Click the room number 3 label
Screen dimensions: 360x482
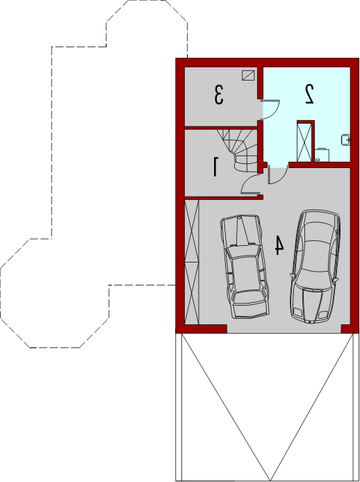218,95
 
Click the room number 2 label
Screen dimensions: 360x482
309,94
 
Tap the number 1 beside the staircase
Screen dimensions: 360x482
216,167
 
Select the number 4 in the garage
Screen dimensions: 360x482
279,245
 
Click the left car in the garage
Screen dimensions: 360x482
245,267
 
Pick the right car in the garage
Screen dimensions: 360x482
315,267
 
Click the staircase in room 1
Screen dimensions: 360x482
240,150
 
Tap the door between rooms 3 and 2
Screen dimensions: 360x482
270,109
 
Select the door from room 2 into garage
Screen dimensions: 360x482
278,174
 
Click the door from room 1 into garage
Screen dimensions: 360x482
250,184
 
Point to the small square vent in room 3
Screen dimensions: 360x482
248,75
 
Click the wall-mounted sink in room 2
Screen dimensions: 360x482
346,140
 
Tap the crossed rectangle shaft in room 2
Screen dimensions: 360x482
304,142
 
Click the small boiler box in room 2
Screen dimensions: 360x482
322,155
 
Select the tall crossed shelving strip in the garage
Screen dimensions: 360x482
192,262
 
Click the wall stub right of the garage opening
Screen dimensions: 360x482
350,329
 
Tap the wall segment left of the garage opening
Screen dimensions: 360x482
202,329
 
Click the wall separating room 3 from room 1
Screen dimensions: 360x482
221,128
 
